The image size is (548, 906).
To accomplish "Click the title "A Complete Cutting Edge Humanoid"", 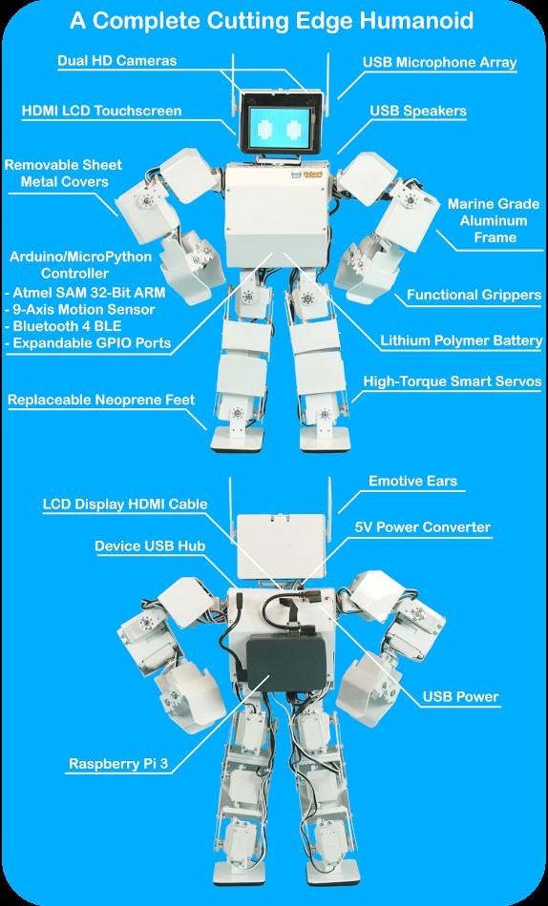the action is click(x=271, y=21).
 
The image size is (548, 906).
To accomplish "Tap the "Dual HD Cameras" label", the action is click(x=116, y=61).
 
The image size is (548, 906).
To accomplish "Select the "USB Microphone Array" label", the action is click(x=439, y=62).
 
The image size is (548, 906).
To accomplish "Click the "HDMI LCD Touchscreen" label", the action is click(x=101, y=111).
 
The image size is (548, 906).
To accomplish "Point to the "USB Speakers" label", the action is click(x=418, y=111).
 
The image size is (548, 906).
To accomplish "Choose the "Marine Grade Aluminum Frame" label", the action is click(x=493, y=220).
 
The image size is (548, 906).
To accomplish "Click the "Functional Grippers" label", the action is click(x=474, y=295).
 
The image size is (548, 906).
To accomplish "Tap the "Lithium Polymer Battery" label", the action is click(x=460, y=340).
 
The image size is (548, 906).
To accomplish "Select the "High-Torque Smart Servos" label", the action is click(x=452, y=381).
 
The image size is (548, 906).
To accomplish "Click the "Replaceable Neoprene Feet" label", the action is click(x=101, y=400).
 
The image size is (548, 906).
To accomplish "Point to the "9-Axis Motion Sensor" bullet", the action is click(x=79, y=309).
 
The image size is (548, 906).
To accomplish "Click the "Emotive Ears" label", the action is click(x=412, y=481).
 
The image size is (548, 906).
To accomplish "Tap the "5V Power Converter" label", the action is click(x=422, y=527).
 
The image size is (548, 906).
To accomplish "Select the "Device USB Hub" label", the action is click(x=150, y=546).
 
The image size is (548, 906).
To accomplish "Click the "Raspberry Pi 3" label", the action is click(x=118, y=764).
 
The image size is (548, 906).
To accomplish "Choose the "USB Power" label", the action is click(x=460, y=697).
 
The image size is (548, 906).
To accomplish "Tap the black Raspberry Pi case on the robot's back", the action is click(x=285, y=662).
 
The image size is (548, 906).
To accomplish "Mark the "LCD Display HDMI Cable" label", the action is click(x=124, y=504).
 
